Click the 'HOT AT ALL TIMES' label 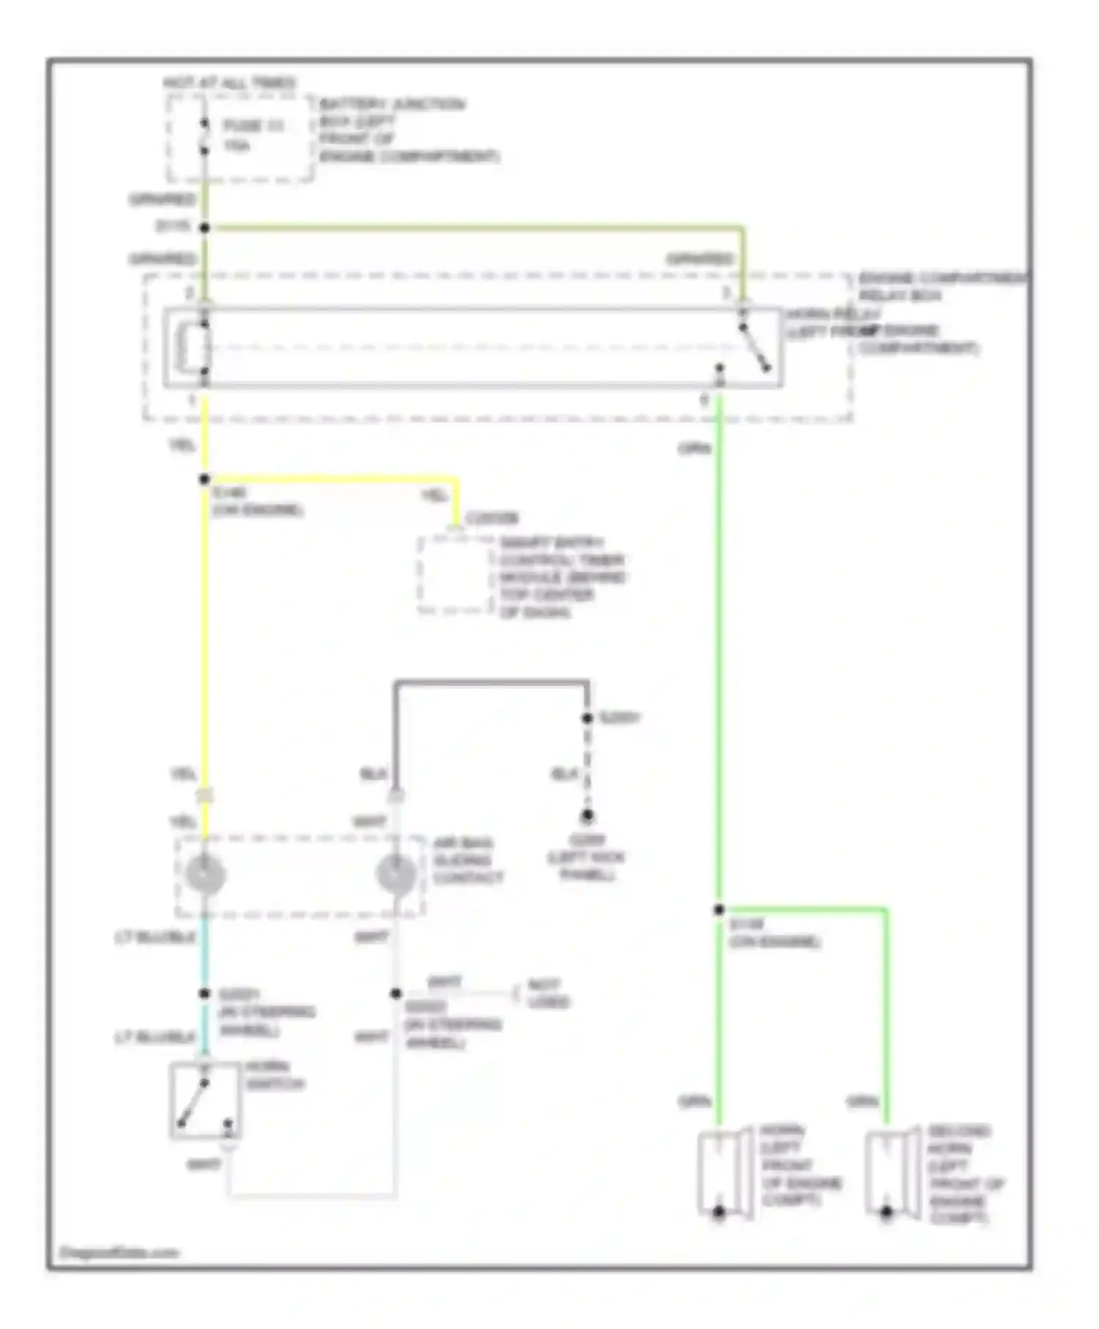(229, 82)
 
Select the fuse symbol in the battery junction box (205, 137)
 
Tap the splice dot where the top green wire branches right (205, 228)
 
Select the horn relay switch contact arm (755, 348)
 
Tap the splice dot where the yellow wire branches (205, 479)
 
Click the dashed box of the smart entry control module (454, 575)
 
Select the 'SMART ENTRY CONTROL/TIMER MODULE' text (561, 577)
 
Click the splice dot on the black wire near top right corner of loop (587, 718)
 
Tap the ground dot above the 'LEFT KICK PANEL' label (587, 815)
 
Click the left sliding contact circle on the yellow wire (205, 874)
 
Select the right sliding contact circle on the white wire (396, 874)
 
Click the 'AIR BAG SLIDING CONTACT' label (467, 860)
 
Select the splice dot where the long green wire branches (719, 909)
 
